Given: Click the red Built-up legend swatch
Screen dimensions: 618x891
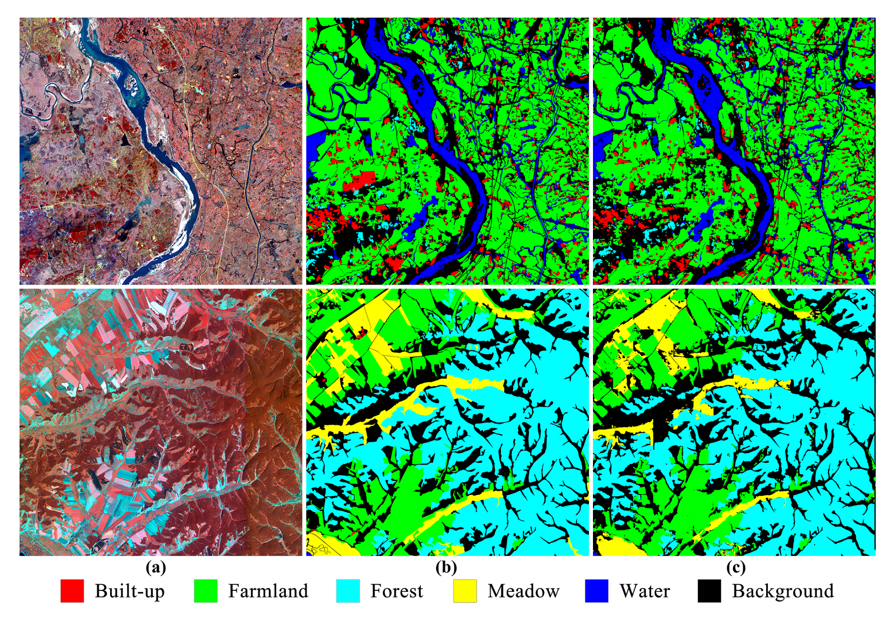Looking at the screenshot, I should (72, 591).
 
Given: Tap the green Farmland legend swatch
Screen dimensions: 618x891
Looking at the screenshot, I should (206, 591).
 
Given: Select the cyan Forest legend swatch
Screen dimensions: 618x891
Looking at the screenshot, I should (348, 591).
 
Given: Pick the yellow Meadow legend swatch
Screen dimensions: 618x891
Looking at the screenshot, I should (465, 591).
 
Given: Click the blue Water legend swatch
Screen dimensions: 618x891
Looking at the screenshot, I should (596, 591).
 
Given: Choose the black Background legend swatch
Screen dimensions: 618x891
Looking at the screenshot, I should (709, 591).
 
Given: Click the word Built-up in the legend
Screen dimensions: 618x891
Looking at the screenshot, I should (129, 591).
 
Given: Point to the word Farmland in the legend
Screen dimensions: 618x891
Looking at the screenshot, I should (268, 591).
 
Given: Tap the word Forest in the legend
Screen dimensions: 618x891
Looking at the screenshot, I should (397, 591).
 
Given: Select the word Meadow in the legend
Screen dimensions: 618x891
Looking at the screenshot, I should (523, 591).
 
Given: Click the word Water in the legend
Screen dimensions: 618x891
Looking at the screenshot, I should (644, 591).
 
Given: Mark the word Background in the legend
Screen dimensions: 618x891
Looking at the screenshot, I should (783, 591).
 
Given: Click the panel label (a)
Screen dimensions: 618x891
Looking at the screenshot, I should (156, 567).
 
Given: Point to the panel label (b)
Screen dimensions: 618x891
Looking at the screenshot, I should (446, 567).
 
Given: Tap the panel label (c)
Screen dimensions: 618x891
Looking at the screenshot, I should (736, 567).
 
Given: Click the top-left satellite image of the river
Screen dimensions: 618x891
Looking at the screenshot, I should (160, 151).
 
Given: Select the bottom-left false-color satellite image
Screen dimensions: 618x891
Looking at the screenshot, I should (160, 422).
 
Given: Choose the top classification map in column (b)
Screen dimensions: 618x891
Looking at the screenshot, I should (447, 151).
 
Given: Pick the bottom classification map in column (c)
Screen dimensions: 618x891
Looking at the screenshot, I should (734, 422).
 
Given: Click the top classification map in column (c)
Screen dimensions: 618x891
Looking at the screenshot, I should (734, 151).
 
